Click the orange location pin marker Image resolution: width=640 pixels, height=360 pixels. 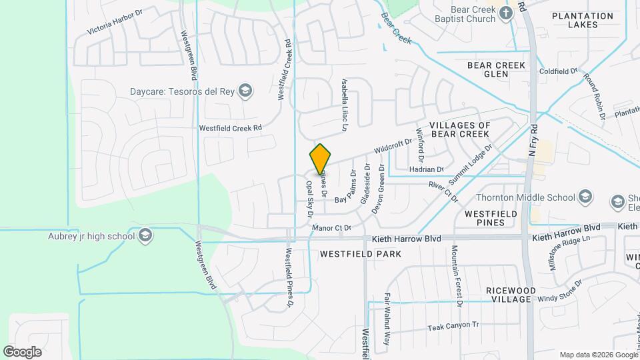pyautogui.click(x=320, y=159)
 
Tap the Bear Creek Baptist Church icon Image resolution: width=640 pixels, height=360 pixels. pyautogui.click(x=507, y=13)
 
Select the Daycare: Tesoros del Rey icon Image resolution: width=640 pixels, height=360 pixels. pyautogui.click(x=245, y=91)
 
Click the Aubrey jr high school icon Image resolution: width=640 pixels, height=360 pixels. pyautogui.click(x=145, y=235)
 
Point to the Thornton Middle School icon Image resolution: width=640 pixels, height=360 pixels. pyautogui.click(x=585, y=197)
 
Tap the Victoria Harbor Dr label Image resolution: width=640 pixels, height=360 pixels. pyautogui.click(x=115, y=22)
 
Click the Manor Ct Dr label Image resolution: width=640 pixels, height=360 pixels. pyautogui.click(x=331, y=229)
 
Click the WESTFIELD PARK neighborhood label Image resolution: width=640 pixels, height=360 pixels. pyautogui.click(x=360, y=254)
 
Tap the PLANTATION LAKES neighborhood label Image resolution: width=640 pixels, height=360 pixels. pyautogui.click(x=582, y=20)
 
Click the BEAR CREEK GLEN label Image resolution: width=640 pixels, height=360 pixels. pyautogui.click(x=496, y=69)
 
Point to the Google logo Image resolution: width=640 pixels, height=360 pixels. pyautogui.click(x=22, y=351)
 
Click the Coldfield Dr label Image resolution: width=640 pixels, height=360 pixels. pyautogui.click(x=558, y=71)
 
